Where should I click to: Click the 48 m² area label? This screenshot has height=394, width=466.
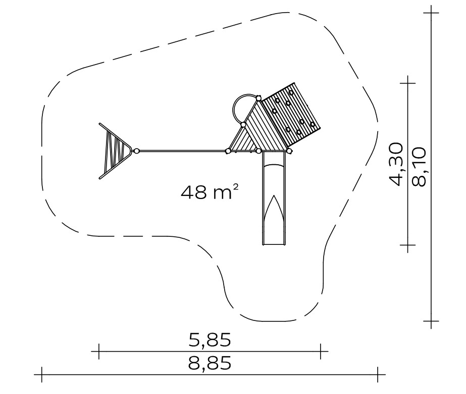[x=210, y=191]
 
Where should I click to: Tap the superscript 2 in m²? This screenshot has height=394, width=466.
[x=235, y=187]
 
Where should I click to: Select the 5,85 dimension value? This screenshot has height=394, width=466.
[x=210, y=340]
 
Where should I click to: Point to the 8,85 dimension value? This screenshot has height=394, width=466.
[x=210, y=363]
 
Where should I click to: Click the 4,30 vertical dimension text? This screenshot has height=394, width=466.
[x=396, y=164]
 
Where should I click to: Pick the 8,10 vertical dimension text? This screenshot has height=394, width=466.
[x=419, y=166]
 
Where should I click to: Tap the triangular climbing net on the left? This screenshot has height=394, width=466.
[x=115, y=151]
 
